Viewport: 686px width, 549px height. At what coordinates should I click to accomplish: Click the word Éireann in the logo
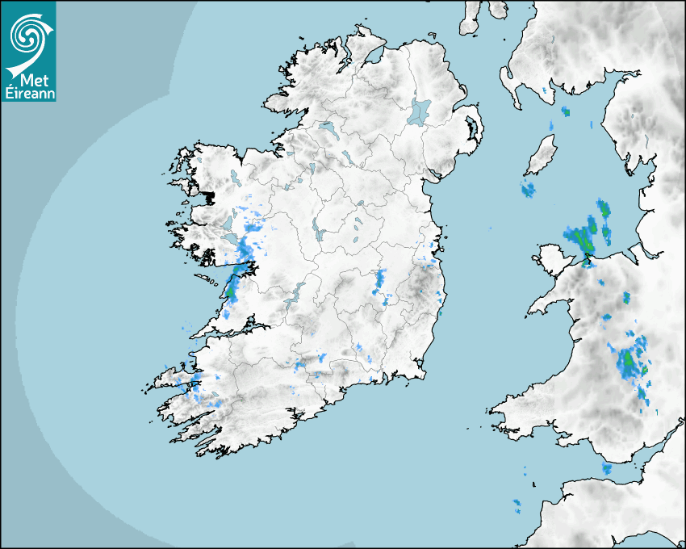tap(27, 92)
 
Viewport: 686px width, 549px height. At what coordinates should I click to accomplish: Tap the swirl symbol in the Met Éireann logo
tap(27, 35)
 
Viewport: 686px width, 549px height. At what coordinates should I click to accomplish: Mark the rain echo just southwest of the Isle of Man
tap(528, 191)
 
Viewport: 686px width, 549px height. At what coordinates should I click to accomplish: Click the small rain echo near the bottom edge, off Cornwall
tap(517, 506)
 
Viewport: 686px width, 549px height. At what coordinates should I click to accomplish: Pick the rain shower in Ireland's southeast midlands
tap(379, 282)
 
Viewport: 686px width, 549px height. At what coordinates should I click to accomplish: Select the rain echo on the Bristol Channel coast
tap(607, 469)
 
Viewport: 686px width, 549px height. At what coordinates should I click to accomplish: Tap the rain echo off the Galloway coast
tap(566, 111)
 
